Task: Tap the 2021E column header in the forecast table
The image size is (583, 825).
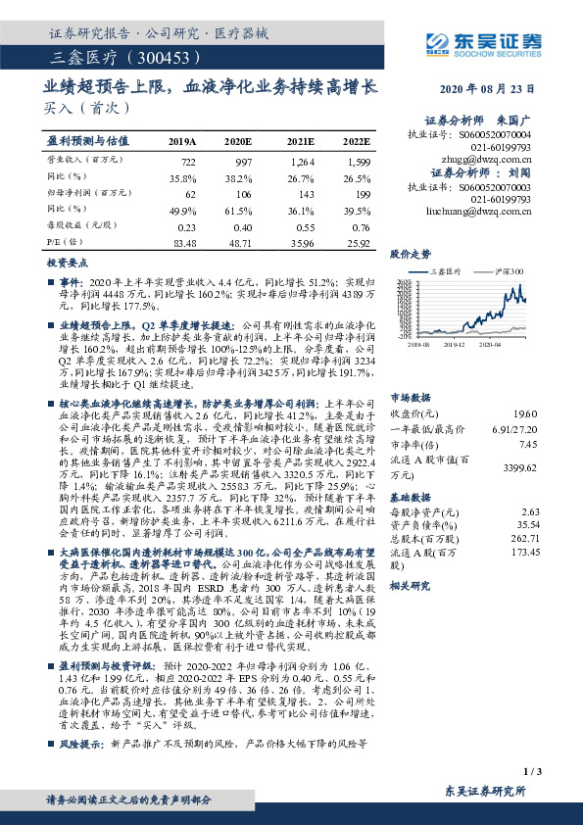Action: [x=300, y=141]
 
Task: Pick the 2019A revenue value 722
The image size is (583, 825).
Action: [x=189, y=160]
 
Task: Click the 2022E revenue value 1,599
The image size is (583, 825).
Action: [x=359, y=160]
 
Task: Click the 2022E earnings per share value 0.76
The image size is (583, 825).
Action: [x=361, y=226]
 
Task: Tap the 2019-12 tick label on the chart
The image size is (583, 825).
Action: [x=456, y=345]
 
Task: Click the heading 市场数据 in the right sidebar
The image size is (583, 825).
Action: [x=411, y=372]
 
